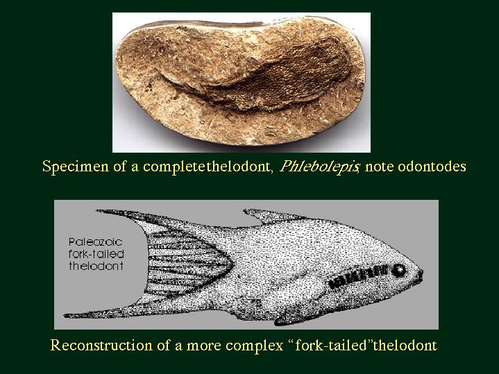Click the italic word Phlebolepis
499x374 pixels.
319,167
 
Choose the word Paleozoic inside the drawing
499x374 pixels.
95,242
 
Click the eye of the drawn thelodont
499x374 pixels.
398,271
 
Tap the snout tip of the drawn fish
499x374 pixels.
423,274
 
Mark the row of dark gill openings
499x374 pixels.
358,277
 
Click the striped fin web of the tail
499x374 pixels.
188,264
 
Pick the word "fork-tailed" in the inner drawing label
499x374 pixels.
96,254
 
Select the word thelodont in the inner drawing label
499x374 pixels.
96,266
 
